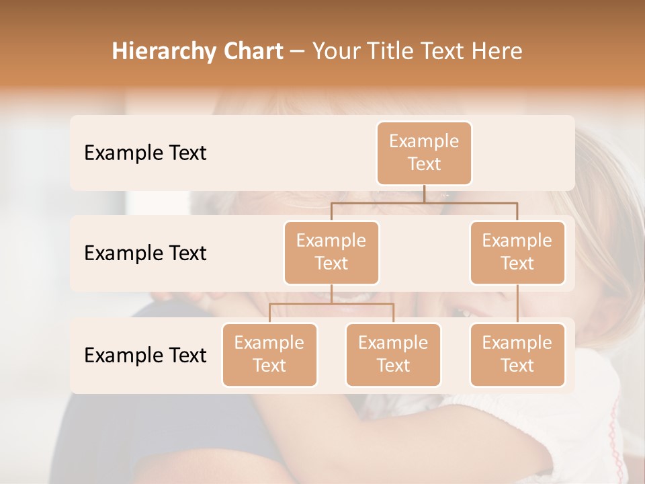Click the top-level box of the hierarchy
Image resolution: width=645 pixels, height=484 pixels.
click(x=424, y=153)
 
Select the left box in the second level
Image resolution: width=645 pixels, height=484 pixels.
click(x=331, y=253)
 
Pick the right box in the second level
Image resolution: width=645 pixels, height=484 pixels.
click(x=517, y=253)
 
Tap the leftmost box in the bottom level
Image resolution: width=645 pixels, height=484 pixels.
click(x=269, y=355)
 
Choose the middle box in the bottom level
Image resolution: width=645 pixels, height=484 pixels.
click(x=393, y=355)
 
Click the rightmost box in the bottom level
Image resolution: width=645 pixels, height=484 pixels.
click(x=517, y=355)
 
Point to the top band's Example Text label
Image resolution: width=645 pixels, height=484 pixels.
click(x=145, y=153)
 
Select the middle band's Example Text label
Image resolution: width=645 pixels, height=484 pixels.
click(x=145, y=253)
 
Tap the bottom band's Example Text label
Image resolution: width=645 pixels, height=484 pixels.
click(x=145, y=356)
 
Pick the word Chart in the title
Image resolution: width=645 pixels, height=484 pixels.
click(x=251, y=51)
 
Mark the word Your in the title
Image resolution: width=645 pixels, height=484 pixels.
click(x=335, y=52)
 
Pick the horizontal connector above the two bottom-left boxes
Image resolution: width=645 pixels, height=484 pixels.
click(x=331, y=304)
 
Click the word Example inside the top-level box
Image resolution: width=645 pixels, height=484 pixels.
click(x=424, y=141)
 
